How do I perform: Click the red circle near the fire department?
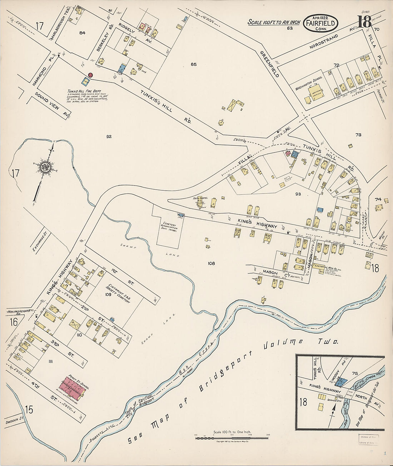tap(91, 75)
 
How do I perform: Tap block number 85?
tap(193, 65)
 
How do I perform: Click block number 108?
tap(211, 263)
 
